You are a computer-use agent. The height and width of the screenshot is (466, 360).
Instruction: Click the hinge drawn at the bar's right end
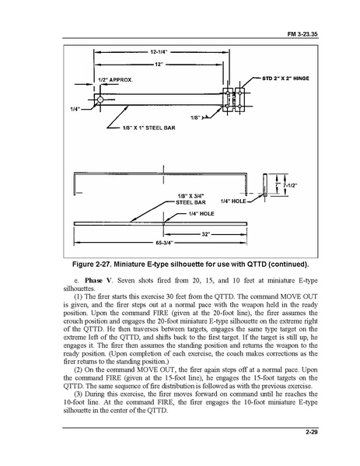tap(234, 100)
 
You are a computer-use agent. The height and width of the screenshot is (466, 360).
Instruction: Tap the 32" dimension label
tap(206, 233)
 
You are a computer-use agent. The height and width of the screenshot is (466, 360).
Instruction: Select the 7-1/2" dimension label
tap(290, 187)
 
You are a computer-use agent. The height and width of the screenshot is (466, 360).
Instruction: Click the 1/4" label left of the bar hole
tap(75, 108)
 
